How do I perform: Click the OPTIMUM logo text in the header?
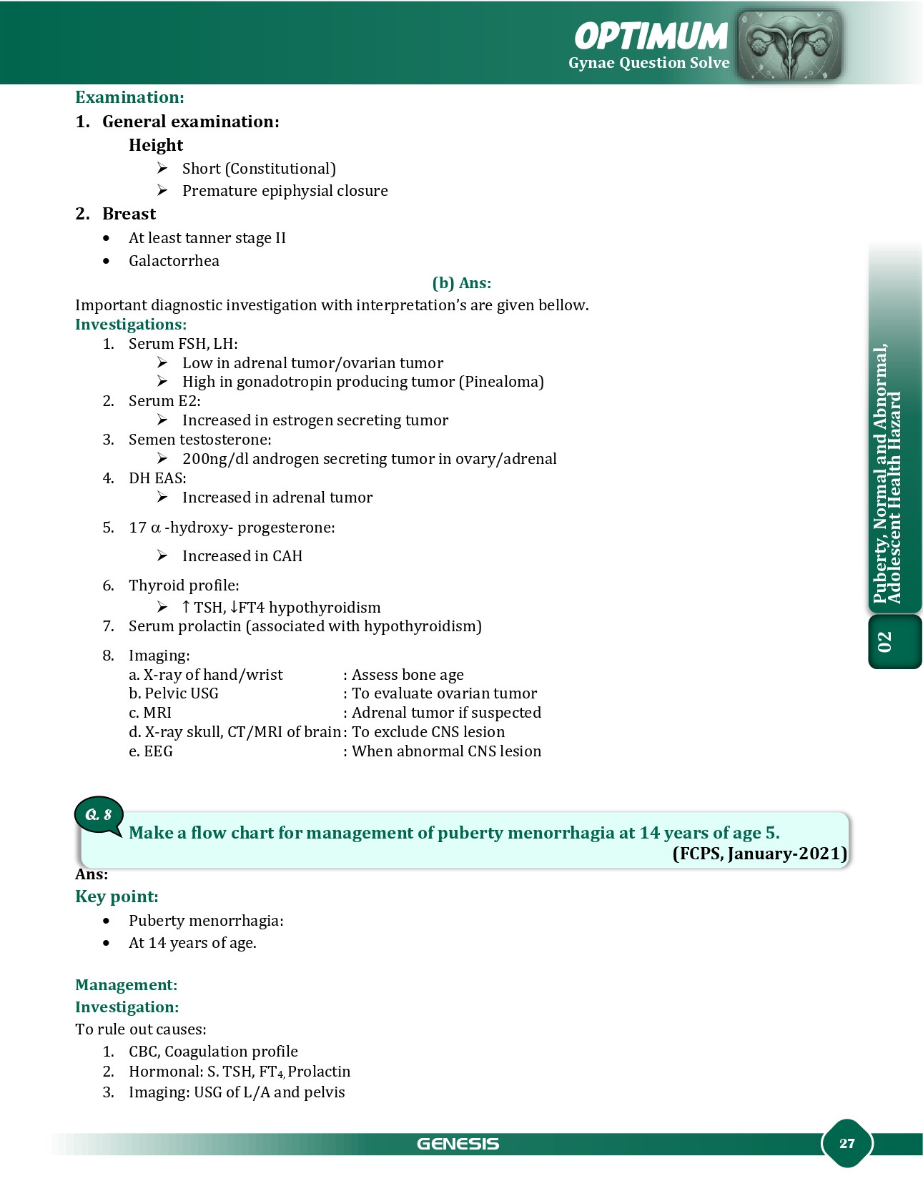pos(651,36)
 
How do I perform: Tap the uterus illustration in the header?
pos(789,44)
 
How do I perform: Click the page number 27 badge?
pos(847,1143)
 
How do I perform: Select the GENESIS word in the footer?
pos(458,1144)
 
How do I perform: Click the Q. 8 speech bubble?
pos(99,815)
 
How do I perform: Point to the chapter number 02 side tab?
pos(885,641)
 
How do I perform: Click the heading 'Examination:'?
pos(129,97)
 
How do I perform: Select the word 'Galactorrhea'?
pos(174,261)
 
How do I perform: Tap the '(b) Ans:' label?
pos(461,283)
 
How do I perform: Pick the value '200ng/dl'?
pos(214,459)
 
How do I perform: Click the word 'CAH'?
pos(287,556)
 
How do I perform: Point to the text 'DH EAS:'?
pos(157,478)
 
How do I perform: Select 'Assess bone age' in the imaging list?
pos(408,675)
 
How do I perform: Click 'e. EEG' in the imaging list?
pos(151,751)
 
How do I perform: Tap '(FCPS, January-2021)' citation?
pos(759,854)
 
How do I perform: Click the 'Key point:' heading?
pos(117,896)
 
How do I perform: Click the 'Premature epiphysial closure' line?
pos(285,191)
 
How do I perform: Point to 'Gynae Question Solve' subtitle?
pos(648,63)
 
